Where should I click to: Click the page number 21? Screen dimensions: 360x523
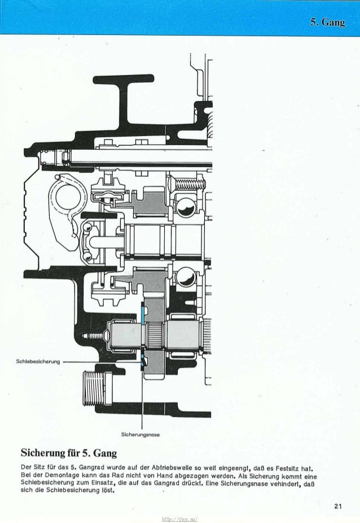click(337, 506)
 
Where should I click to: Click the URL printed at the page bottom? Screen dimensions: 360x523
click(180, 518)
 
